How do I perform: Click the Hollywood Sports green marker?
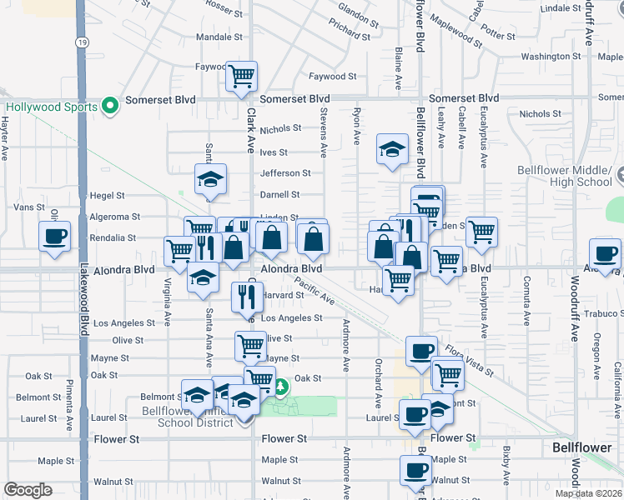(x=108, y=107)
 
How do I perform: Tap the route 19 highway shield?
(x=81, y=41)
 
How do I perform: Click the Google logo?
(x=28, y=490)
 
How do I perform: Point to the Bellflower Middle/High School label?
(x=576, y=176)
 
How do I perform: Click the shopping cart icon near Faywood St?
(x=241, y=76)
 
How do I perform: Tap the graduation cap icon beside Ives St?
(x=390, y=149)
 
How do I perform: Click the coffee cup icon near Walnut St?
(x=415, y=469)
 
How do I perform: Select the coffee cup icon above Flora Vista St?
(x=422, y=350)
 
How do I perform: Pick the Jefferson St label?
(x=285, y=173)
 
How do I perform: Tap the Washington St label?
(x=551, y=57)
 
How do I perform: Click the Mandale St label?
(x=219, y=37)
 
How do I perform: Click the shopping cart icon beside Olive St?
(x=250, y=345)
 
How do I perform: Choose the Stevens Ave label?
(x=323, y=134)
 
